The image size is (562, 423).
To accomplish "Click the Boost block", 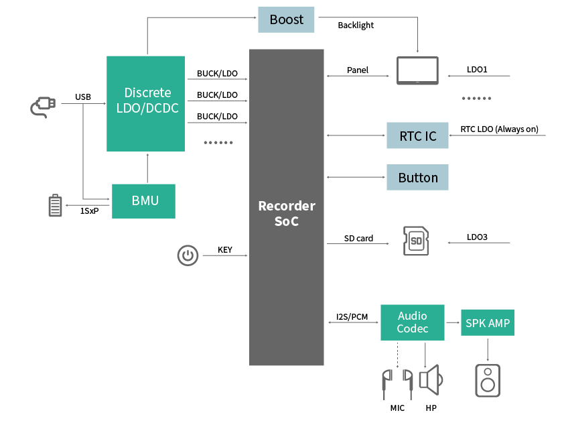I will click(x=286, y=19).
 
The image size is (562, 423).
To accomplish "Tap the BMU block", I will click(x=143, y=200).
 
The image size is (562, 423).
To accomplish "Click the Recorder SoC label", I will click(x=286, y=213).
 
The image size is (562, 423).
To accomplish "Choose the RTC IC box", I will click(x=417, y=135).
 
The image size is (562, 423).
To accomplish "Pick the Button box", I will click(x=417, y=178).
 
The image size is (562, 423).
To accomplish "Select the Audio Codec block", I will click(x=412, y=322).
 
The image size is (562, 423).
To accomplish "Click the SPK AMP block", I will click(x=487, y=323).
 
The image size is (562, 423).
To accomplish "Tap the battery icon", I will click(x=55, y=206).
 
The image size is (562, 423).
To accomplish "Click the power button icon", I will click(x=188, y=255).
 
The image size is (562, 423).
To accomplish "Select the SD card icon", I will click(x=415, y=241).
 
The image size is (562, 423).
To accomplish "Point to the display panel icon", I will click(x=417, y=70).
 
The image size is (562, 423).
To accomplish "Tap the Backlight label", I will click(x=355, y=25).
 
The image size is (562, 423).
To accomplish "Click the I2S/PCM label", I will click(x=352, y=317).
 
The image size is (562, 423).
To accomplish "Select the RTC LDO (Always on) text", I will click(x=499, y=129).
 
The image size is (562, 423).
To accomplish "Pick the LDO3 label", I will click(x=477, y=237).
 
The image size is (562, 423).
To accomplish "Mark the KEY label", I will click(x=225, y=250).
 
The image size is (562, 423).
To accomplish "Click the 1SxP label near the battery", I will click(x=89, y=210).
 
